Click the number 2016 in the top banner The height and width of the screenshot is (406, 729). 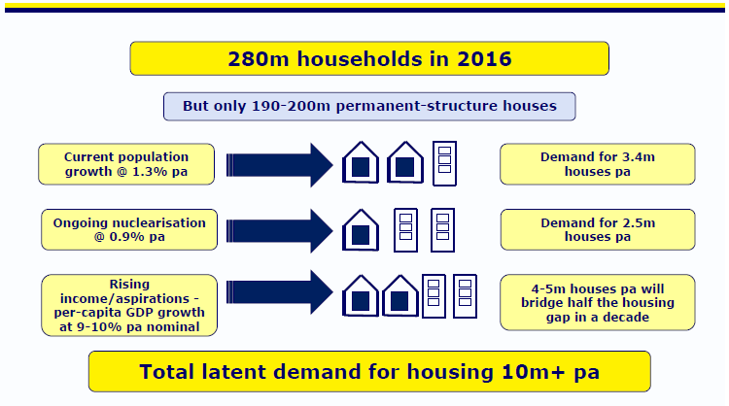[484, 59]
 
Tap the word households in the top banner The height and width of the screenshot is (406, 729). [360, 59]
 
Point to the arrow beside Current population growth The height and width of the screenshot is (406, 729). [280, 165]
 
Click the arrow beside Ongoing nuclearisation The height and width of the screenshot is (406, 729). [280, 231]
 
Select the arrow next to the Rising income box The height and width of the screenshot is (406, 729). [280, 292]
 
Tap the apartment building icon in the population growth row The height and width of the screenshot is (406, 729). [444, 163]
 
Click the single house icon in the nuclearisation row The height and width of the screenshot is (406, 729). [361, 230]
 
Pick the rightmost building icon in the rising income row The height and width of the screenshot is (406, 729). [465, 296]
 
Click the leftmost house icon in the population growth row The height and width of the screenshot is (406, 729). [361, 162]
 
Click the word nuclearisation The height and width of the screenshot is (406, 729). [161, 223]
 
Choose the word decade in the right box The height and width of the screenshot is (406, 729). [626, 318]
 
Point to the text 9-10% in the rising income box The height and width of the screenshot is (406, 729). [99, 327]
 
